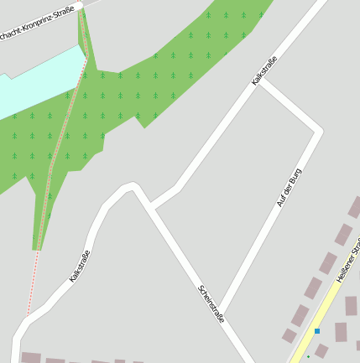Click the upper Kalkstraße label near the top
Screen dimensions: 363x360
pos(264,70)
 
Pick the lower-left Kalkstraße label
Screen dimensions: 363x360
pos(80,265)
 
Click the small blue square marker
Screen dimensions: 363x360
pos(317,331)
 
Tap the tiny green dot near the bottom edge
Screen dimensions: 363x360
pos(308,356)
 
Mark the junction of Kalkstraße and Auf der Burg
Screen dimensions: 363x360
pos(260,82)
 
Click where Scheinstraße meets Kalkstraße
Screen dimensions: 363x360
pos(150,205)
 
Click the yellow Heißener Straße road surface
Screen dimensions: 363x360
pos(323,314)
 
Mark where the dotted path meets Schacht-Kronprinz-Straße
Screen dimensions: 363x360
pos(81,9)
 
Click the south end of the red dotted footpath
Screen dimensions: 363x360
pos(29,314)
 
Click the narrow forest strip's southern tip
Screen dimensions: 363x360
pos(36,248)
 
